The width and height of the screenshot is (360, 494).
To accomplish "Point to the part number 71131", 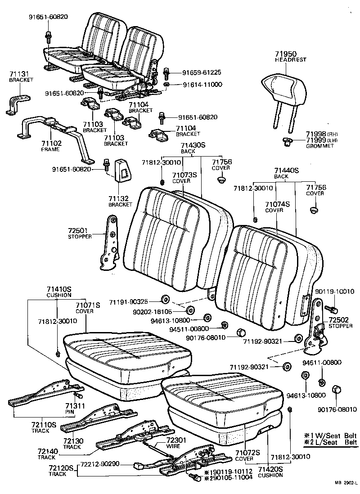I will tap(18, 74).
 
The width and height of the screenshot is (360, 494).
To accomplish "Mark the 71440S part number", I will tap(287, 171).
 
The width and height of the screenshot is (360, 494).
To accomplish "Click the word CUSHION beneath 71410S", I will tap(59, 295).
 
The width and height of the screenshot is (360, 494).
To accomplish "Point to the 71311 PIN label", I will tap(74, 408).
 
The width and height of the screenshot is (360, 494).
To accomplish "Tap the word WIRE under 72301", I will tap(173, 446).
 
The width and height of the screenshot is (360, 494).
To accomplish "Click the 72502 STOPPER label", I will tap(341, 323).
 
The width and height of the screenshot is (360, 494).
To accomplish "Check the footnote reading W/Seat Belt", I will tap(333, 436).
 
